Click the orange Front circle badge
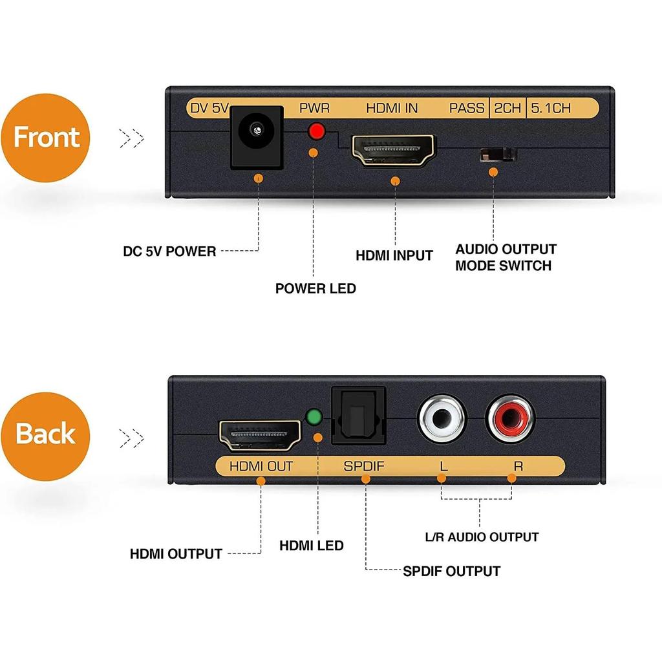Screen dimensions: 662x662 click(x=46, y=138)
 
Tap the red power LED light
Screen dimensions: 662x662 click(x=316, y=131)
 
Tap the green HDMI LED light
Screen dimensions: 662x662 click(x=315, y=417)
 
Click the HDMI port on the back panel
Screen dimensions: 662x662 click(x=261, y=435)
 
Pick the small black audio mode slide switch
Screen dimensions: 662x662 click(x=497, y=155)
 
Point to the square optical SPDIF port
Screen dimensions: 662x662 click(x=358, y=416)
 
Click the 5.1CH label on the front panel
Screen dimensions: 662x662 click(x=551, y=108)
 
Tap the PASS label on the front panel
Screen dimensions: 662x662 click(x=467, y=108)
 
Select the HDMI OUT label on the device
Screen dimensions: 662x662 click(x=261, y=465)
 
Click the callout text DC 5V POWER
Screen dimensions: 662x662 click(x=169, y=251)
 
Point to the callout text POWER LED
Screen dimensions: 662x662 click(x=315, y=288)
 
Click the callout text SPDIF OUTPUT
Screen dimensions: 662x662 click(x=451, y=571)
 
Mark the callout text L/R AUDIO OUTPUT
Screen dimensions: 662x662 click(x=482, y=537)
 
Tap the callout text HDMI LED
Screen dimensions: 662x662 click(x=311, y=546)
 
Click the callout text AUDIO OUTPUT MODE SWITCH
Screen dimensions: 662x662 click(x=505, y=257)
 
